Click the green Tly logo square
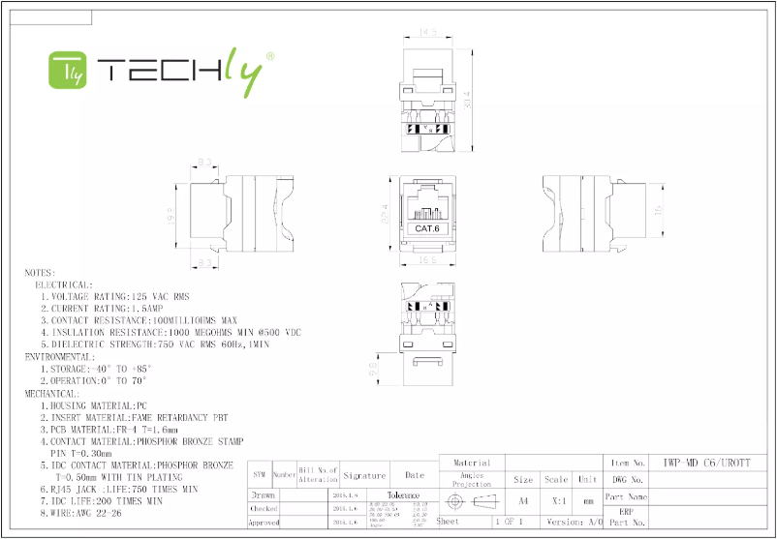coord(69,70)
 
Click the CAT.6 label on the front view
coord(427,229)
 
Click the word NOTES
coord(41,274)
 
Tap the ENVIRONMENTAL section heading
coord(60,357)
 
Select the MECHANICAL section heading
coord(52,394)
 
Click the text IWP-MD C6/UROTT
coord(711,464)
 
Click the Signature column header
coord(365,475)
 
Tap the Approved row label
coord(264,523)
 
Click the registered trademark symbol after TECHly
coord(269,58)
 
